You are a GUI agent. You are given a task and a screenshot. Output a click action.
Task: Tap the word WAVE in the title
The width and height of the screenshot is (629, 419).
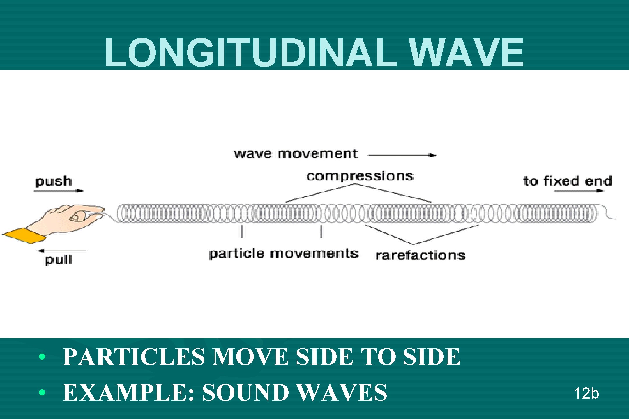[x=466, y=52]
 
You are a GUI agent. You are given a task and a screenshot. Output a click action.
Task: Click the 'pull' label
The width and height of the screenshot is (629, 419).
[x=59, y=260]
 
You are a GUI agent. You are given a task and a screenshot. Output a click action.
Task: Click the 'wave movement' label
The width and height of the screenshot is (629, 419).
[x=295, y=154]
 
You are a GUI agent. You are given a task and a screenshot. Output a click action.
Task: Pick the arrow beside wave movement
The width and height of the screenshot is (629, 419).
[x=402, y=155]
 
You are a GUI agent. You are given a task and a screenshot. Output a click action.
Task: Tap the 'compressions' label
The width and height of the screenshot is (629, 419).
[x=360, y=176]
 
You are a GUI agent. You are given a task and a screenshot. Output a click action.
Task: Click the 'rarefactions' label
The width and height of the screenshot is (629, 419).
[x=420, y=255]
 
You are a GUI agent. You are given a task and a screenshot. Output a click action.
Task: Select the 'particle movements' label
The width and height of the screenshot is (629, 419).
[x=283, y=253]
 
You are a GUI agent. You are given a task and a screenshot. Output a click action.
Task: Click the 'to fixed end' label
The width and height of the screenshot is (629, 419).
[x=568, y=181]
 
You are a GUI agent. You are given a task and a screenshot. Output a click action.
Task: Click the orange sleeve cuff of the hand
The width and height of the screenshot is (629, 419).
[x=25, y=235]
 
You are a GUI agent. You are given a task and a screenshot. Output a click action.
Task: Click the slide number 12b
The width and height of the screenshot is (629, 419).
[x=586, y=393]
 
